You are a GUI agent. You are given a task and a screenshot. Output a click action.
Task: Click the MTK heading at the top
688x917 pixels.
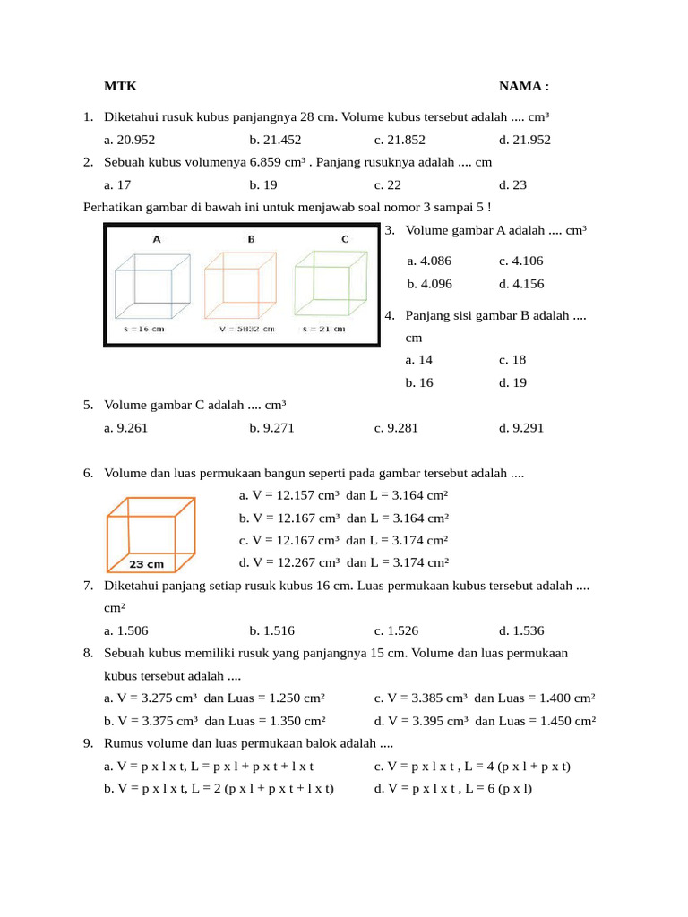pyautogui.click(x=120, y=86)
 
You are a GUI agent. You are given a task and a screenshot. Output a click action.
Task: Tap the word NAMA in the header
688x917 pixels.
pyautogui.click(x=520, y=86)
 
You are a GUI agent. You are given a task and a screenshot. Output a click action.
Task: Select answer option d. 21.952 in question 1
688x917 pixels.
pyautogui.click(x=525, y=140)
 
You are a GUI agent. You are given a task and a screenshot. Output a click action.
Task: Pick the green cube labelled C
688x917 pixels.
pyautogui.click(x=331, y=281)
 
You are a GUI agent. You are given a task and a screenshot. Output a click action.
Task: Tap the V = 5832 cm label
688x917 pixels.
pyautogui.click(x=246, y=329)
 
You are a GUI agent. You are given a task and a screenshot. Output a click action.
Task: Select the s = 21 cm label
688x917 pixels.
pyautogui.click(x=323, y=329)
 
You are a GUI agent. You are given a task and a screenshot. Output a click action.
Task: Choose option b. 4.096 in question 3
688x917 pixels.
pyautogui.click(x=430, y=284)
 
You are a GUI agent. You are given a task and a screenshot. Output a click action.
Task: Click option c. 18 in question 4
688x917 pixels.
pyautogui.click(x=512, y=360)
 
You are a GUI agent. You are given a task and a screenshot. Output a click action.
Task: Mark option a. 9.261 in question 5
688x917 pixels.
pyautogui.click(x=126, y=428)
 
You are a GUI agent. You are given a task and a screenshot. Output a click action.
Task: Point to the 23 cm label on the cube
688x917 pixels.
pyautogui.click(x=147, y=564)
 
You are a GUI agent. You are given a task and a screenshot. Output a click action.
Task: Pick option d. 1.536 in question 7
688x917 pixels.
pyautogui.click(x=521, y=630)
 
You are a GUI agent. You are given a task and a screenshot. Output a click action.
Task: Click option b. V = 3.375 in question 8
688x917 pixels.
pyautogui.click(x=215, y=720)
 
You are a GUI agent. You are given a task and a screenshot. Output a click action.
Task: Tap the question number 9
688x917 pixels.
pyautogui.click(x=89, y=743)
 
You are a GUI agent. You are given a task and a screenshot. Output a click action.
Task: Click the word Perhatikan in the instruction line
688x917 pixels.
pyautogui.click(x=112, y=208)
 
